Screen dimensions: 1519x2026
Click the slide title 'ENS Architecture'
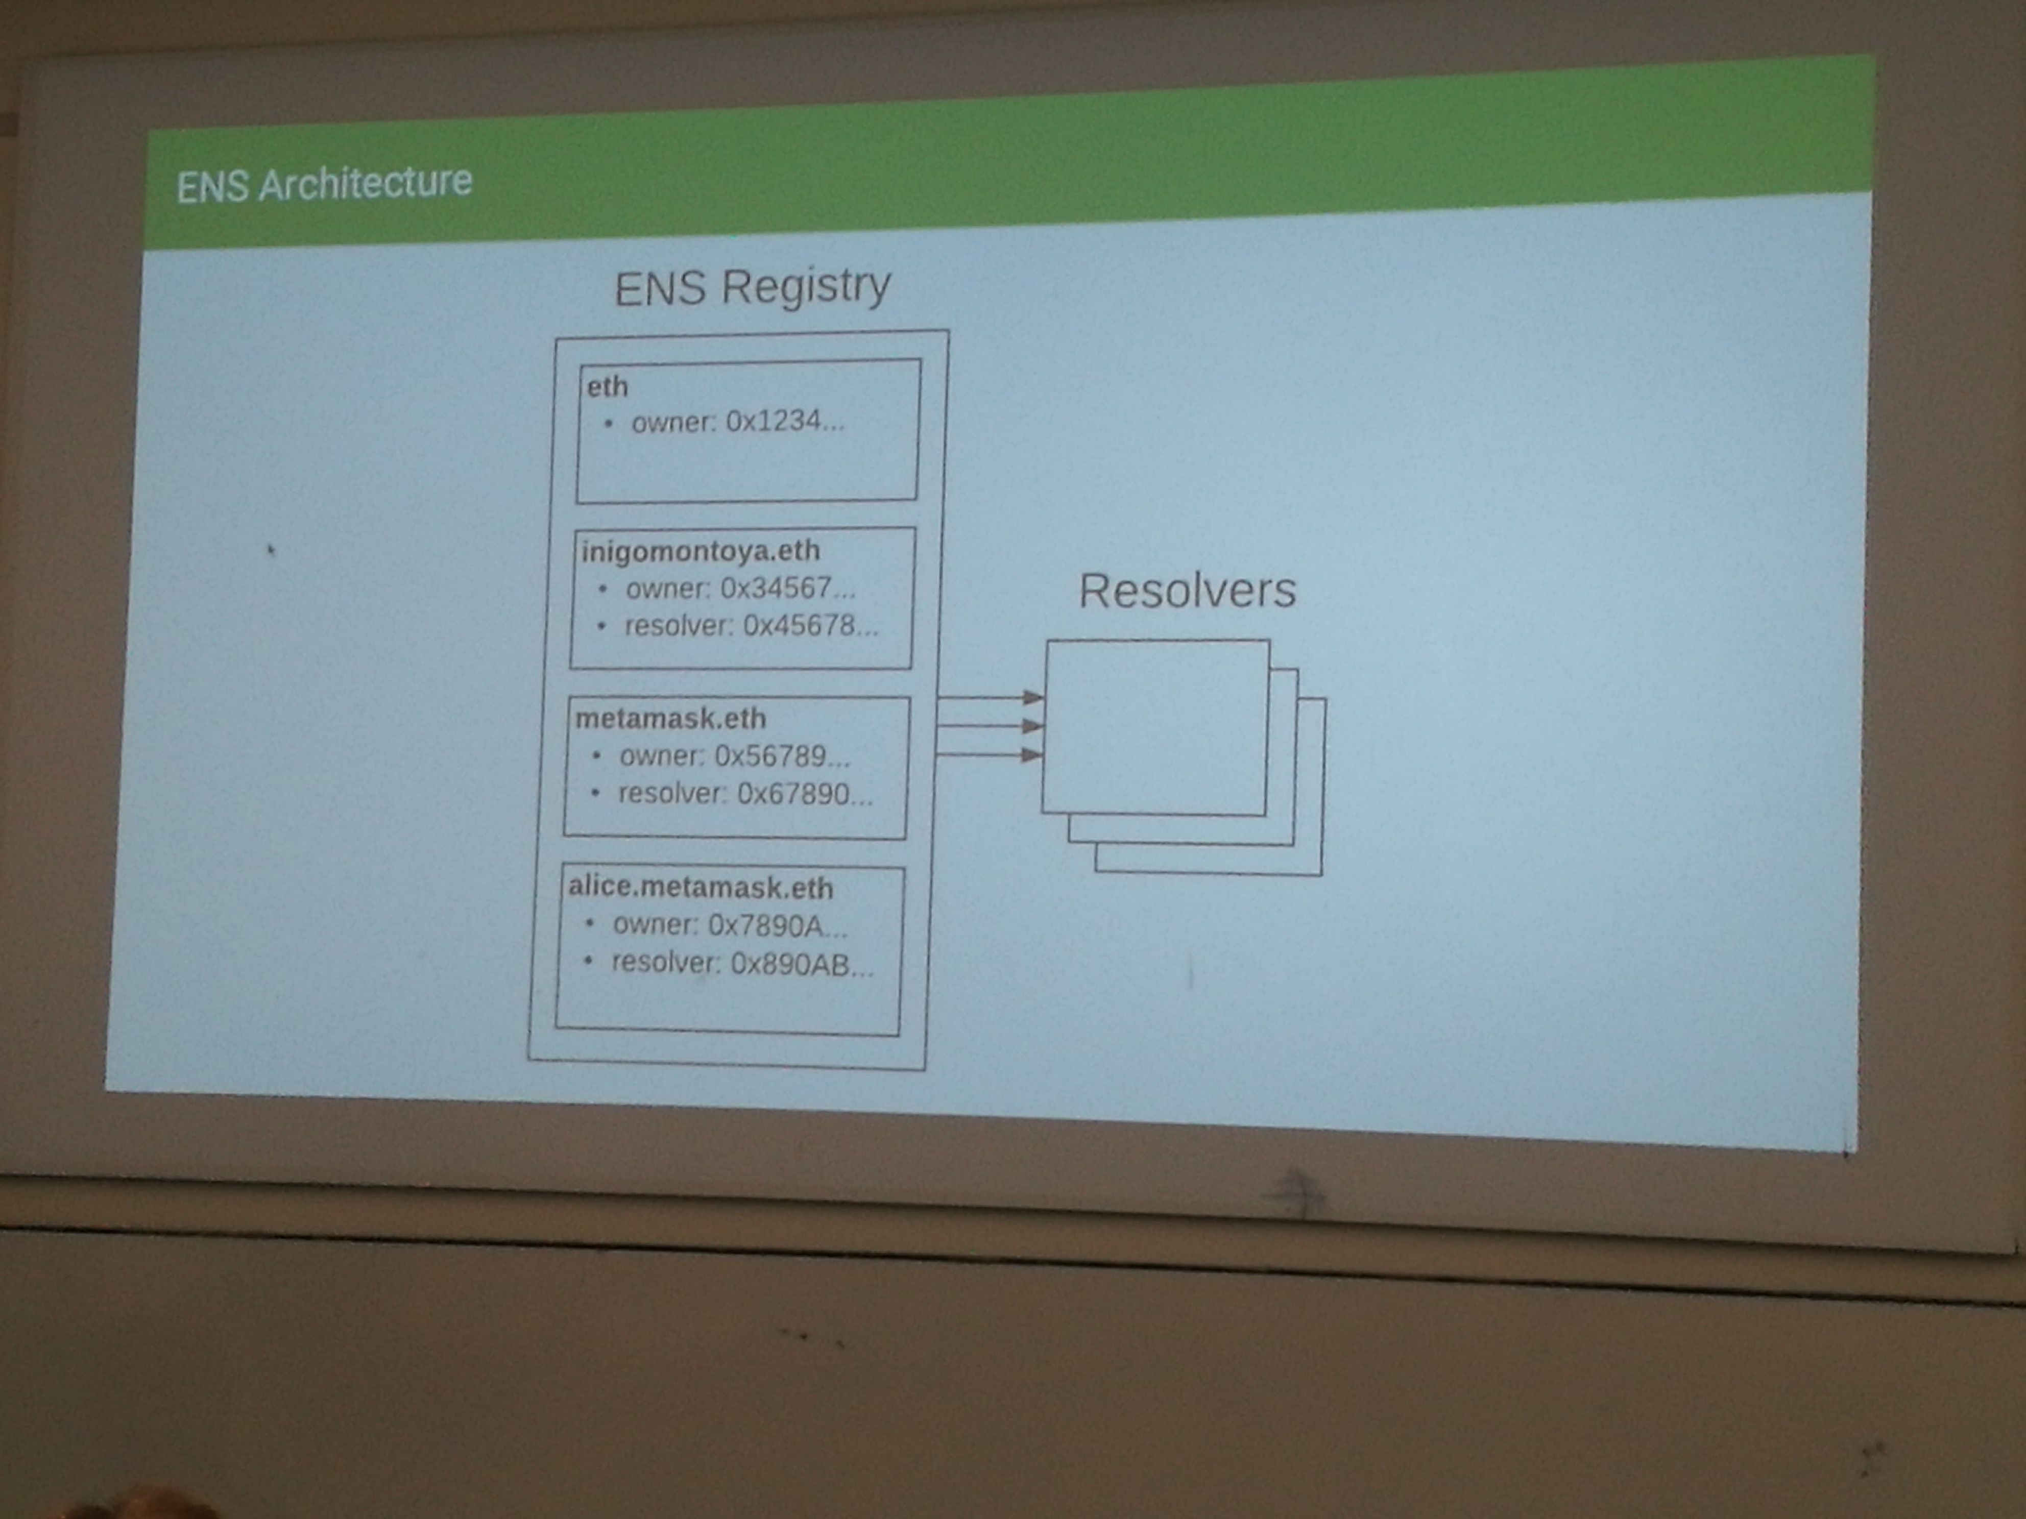(x=324, y=184)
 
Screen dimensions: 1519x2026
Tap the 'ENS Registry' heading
(x=752, y=287)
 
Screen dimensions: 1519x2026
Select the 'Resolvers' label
(x=1187, y=591)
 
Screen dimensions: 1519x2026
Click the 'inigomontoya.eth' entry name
(x=701, y=551)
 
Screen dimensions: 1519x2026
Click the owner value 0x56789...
(x=781, y=756)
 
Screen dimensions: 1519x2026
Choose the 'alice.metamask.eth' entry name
(x=701, y=887)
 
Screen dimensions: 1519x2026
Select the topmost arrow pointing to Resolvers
(x=989, y=698)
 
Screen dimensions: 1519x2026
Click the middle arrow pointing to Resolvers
(x=989, y=726)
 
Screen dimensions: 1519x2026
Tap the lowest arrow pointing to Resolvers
(x=989, y=754)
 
